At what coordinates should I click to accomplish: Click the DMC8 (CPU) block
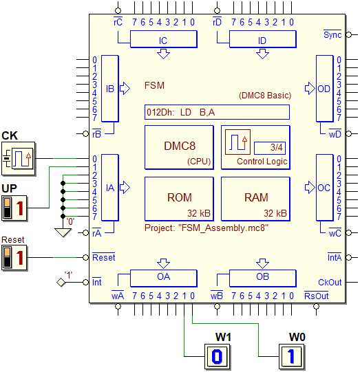pos(179,148)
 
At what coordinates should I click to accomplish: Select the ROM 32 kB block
pos(179,199)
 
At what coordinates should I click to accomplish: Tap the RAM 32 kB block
pos(256,199)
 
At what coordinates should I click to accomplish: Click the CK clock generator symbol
pos(19,158)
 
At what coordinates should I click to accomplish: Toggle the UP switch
pos(14,208)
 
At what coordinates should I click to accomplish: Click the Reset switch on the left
pos(14,258)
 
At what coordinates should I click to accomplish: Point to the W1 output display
pos(218,356)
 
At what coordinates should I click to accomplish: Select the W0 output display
pos(292,356)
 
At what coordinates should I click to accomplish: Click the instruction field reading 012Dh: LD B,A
pos(217,112)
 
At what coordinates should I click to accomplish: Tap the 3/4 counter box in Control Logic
pos(270,148)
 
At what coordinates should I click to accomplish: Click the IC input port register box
pos(164,39)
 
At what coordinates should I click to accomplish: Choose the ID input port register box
pos(263,39)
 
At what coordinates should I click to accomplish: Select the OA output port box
pos(164,278)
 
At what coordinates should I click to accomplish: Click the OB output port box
pos(263,278)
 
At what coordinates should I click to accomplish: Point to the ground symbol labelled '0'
pos(63,232)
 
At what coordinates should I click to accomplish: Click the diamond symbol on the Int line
pos(61,283)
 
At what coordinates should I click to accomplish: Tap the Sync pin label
pos(332,34)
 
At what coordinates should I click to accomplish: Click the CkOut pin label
pos(330,283)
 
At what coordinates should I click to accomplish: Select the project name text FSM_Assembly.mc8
pos(223,228)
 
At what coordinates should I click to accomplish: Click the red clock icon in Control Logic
pos(237,142)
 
